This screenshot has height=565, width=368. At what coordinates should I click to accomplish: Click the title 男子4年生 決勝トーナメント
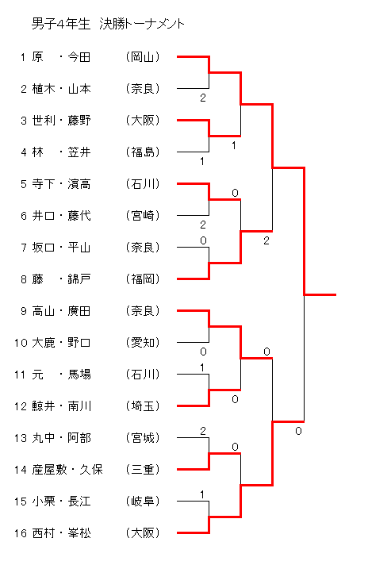point(108,24)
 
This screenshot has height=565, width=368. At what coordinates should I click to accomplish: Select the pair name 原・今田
point(61,57)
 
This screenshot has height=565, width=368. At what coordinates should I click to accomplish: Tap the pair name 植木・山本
point(61,89)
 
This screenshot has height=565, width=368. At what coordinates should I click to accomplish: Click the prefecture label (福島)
point(143,152)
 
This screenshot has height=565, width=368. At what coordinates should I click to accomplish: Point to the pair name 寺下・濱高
point(61,184)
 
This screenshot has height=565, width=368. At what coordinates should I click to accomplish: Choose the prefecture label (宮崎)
point(143,216)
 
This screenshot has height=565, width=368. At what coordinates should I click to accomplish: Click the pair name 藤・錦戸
point(61,279)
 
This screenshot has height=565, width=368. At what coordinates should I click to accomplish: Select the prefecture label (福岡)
point(143,279)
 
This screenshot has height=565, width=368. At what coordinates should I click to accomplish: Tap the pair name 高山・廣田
point(61,310)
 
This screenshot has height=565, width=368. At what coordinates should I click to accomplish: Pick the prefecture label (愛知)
point(143,342)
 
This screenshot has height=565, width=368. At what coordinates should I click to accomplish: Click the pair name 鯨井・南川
point(62,405)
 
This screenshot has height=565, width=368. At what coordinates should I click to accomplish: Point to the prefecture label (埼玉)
point(143,405)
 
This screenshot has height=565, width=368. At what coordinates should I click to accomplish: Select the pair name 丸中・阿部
point(62,437)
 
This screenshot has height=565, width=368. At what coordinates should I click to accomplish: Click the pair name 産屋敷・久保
point(67,469)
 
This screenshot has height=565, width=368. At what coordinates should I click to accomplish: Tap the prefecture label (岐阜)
point(143,501)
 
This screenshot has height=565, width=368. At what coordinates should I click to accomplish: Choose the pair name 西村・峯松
point(62,532)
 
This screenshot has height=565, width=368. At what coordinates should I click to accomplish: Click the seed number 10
point(21,343)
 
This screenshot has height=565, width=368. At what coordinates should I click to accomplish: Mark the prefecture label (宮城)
point(143,437)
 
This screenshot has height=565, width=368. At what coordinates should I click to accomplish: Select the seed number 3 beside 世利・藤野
point(24,121)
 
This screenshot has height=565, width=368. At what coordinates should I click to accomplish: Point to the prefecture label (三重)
point(143,469)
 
